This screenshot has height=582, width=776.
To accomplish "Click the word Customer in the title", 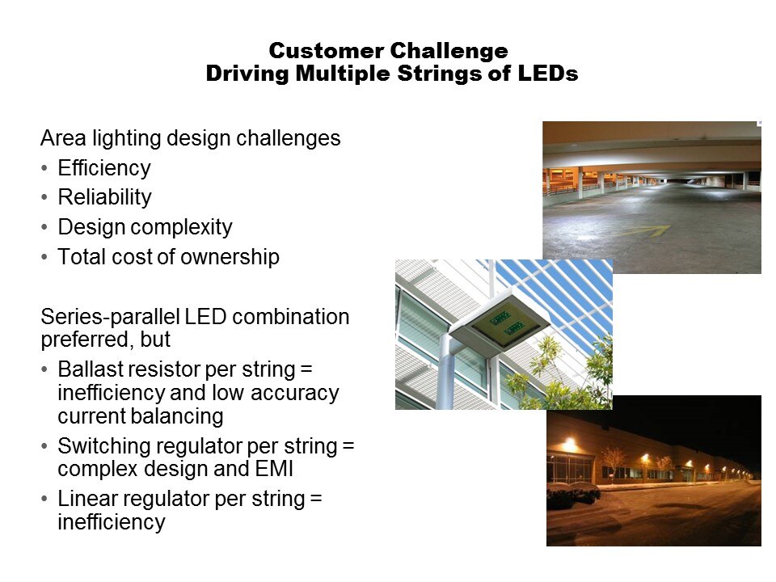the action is click(x=326, y=51).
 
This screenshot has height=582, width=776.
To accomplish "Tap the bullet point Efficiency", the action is click(x=104, y=168).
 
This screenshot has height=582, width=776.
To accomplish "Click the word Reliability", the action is click(x=104, y=197).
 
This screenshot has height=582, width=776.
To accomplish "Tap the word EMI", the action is click(x=274, y=468).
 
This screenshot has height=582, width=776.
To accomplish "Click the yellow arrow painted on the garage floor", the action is click(x=644, y=231).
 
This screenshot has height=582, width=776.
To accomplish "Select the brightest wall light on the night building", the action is click(x=569, y=444).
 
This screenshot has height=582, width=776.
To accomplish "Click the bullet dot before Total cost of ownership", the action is click(x=44, y=257).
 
